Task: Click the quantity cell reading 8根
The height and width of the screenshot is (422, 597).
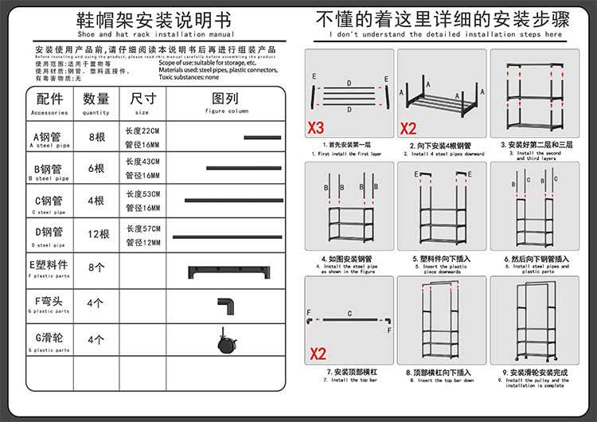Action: point(96,137)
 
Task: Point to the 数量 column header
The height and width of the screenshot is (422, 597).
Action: point(96,100)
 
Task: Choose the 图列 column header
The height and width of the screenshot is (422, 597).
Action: point(225,100)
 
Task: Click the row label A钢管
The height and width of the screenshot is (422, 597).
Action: point(49,137)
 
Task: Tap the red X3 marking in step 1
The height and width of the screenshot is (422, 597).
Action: point(316,127)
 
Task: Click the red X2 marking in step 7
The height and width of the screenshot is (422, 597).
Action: point(318,354)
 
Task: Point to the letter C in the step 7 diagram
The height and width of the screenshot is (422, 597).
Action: point(349,314)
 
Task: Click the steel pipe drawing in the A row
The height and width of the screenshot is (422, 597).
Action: point(262,138)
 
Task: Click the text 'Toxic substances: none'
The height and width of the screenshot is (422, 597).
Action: point(189,77)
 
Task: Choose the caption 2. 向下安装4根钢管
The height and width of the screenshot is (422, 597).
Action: point(440,146)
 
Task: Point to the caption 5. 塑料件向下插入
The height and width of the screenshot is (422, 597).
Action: point(443,259)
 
